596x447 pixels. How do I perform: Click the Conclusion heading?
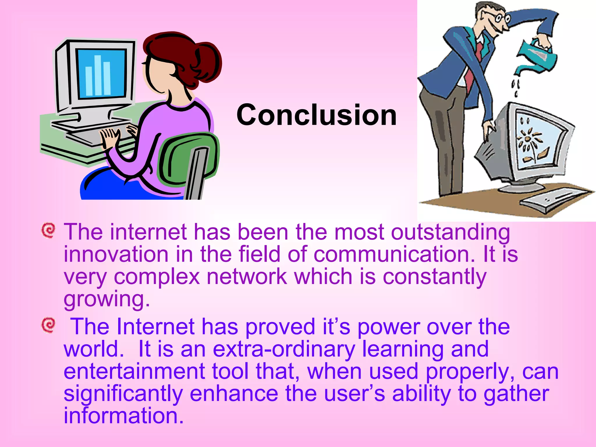tap(316, 115)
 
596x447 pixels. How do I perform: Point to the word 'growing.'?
tap(107, 299)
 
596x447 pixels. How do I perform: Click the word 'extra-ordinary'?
tap(284, 349)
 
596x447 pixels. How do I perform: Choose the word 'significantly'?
tap(123, 394)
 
